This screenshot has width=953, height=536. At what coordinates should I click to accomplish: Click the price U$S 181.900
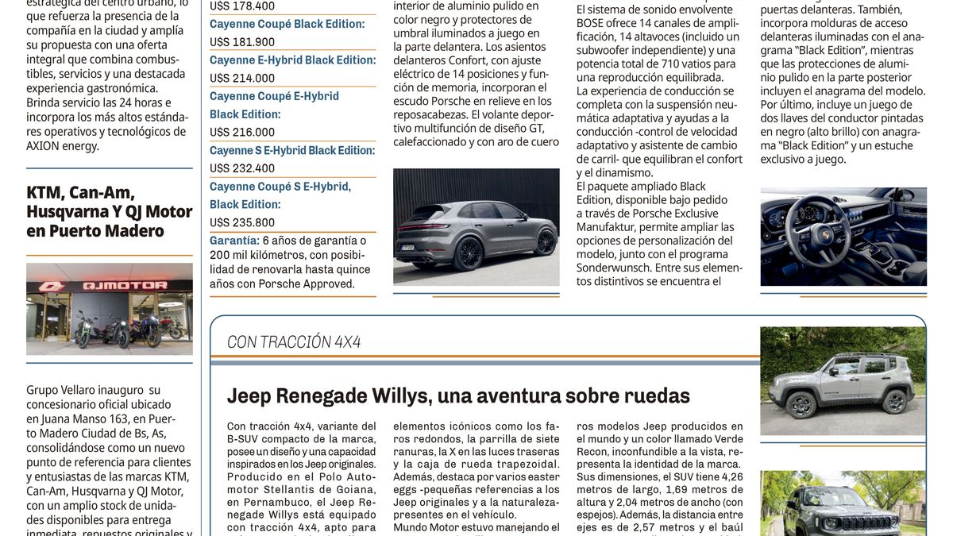coord(242,42)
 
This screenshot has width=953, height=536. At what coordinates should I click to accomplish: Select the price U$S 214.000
coord(242,78)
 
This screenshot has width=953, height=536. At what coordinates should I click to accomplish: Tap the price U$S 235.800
coord(242,222)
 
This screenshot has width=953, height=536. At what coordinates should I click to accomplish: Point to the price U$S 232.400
coord(242,168)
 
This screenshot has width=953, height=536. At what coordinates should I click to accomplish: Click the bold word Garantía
coord(234,240)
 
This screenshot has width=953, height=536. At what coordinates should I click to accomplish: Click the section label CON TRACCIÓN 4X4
coord(294,342)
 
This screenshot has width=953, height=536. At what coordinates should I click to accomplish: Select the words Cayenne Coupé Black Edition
coord(287,24)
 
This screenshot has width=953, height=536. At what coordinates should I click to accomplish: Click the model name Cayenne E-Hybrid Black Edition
coord(292,60)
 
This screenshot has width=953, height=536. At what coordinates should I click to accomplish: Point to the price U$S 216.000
coord(242,132)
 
